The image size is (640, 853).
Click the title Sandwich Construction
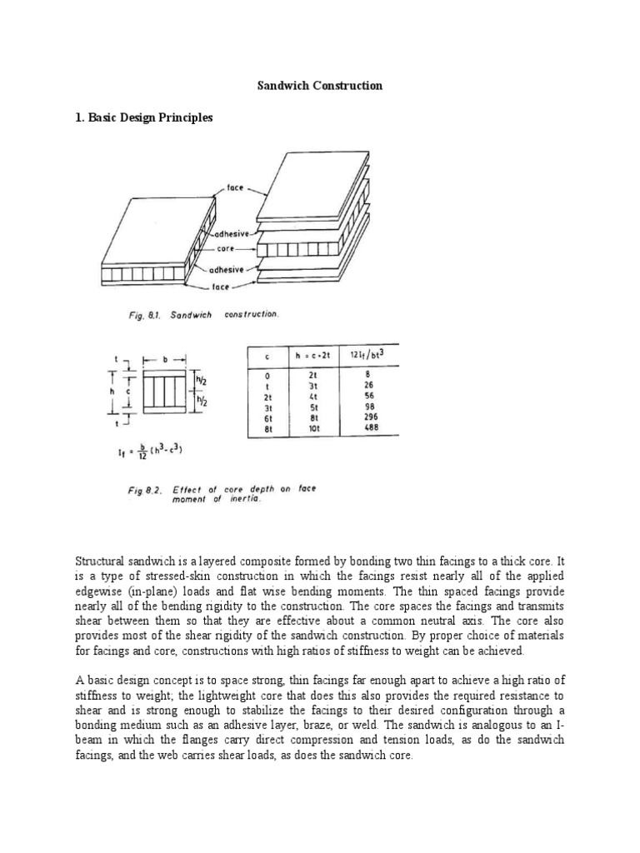[319, 86]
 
